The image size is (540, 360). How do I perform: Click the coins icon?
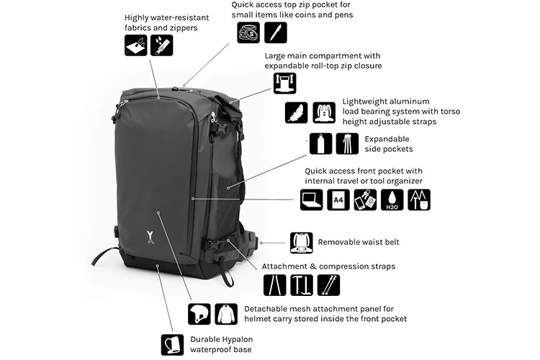pos(248,32)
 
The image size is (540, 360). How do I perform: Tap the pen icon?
pos(276,32)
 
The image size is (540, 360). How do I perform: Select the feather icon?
pos(296,112)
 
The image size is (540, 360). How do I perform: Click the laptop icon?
pos(311,200)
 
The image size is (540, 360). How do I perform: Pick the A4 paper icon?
pos(338,200)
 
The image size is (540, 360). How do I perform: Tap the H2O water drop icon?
pos(392,200)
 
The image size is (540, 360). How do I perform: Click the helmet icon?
pos(199,314)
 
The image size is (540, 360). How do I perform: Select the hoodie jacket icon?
pos(226,314)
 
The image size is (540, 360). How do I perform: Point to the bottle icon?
pos(320,144)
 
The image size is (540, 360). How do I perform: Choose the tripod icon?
pos(347,144)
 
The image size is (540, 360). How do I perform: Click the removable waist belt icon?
pos(302,243)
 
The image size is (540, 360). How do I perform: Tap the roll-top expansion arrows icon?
pos(285,83)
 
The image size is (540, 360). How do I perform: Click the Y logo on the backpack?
pos(150,237)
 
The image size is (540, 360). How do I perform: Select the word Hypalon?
pos(238,340)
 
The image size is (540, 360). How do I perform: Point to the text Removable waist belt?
pos(359,242)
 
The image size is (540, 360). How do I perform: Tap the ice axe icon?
pos(302,285)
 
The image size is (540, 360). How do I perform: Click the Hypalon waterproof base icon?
pos(172,344)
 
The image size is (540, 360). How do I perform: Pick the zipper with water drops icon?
pos(161,45)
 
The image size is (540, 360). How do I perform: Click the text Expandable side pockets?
pos(389,144)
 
